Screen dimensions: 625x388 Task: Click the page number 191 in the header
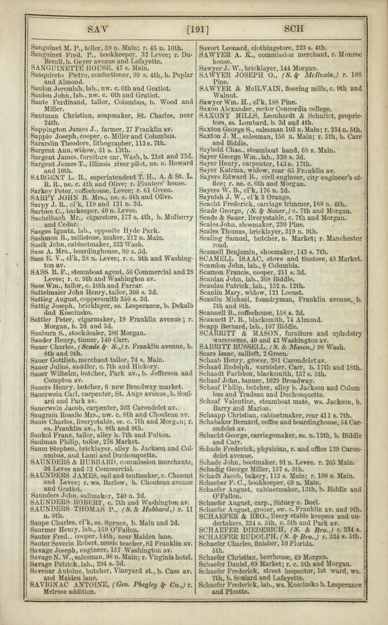pyautogui.click(x=198, y=28)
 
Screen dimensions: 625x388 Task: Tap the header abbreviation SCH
pyautogui.click(x=293, y=28)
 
